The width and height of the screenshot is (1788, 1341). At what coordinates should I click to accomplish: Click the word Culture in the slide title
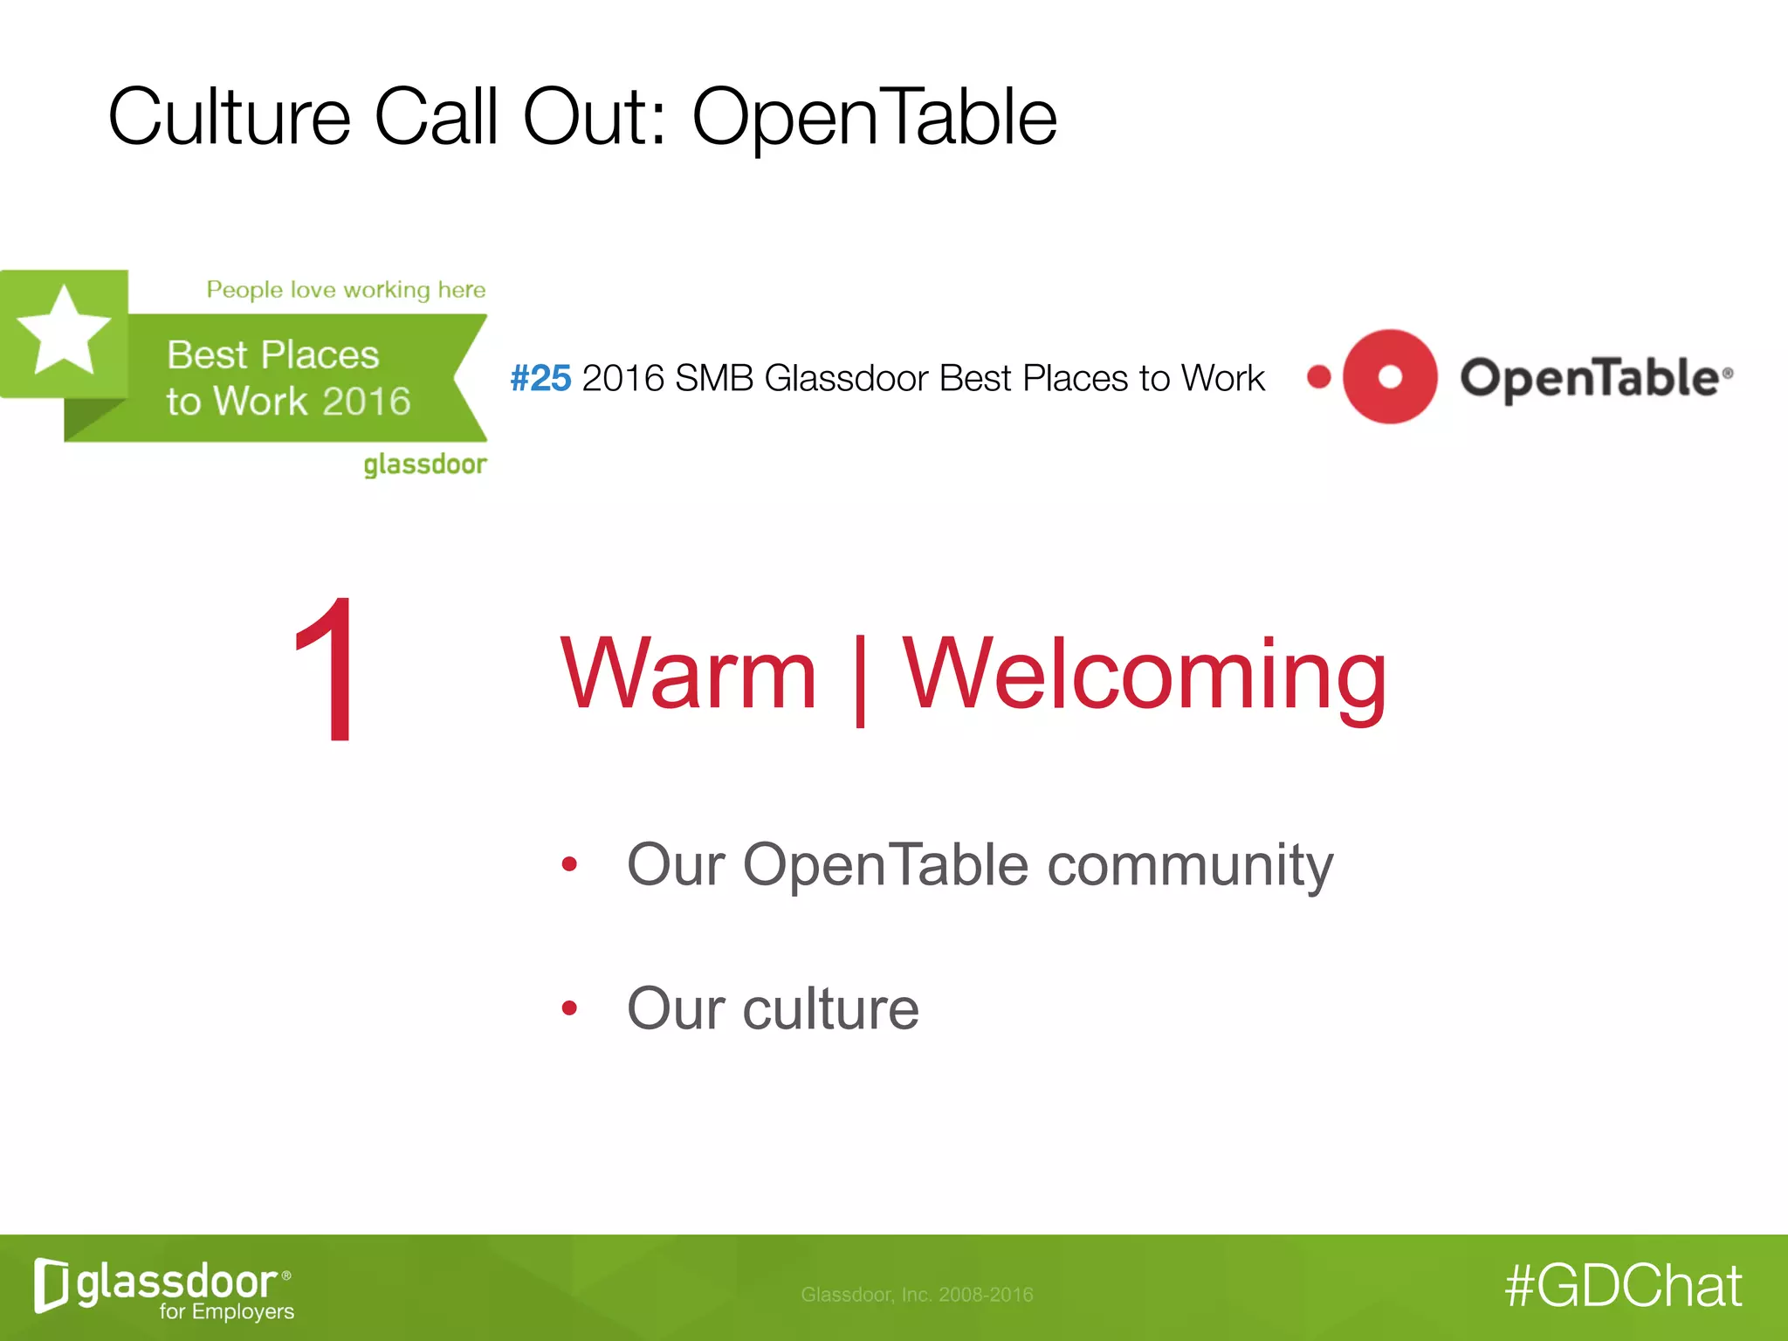coord(229,117)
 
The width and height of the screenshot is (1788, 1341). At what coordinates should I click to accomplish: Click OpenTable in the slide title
coord(874,117)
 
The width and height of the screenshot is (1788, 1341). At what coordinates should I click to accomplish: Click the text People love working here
coord(346,290)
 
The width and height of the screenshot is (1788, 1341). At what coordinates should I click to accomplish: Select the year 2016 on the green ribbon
coord(367,402)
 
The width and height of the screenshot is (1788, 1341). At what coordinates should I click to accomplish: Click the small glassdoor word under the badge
coord(425,464)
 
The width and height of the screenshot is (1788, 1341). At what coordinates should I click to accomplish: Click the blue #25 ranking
coord(540,378)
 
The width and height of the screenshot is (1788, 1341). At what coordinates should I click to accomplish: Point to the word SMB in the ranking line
coord(713,378)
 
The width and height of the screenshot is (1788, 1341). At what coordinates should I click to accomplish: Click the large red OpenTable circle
coord(1390,377)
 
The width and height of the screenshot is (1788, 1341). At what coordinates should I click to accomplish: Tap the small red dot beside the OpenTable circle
coord(1319,377)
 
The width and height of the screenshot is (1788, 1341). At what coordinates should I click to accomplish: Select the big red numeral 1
coord(327,670)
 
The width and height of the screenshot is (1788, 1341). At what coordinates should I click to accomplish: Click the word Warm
coord(688,673)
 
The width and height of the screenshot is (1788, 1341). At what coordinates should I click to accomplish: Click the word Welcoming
coord(1145,673)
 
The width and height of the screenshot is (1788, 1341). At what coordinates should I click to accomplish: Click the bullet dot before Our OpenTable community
coord(570,864)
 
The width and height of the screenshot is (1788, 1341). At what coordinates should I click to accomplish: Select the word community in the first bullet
coord(1190,865)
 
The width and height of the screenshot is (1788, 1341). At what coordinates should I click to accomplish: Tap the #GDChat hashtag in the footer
coord(1623,1286)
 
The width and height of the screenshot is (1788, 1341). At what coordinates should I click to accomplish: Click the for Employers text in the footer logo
coord(226,1311)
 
